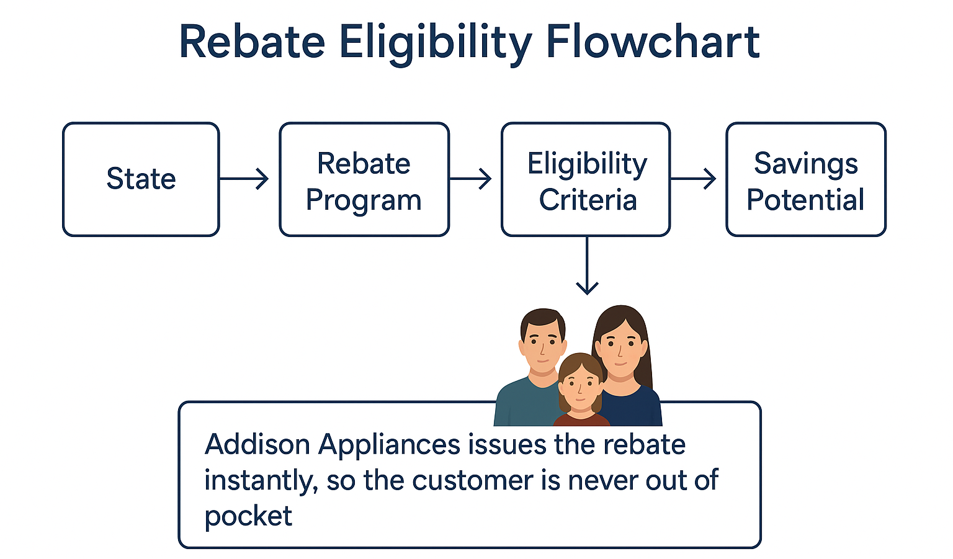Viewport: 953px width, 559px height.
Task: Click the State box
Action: [x=141, y=179]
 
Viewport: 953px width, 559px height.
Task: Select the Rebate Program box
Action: [x=364, y=179]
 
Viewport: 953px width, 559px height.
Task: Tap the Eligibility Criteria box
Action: [x=586, y=179]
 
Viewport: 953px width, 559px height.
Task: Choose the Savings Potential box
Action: [x=806, y=179]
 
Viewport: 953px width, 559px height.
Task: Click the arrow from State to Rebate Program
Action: [x=244, y=179]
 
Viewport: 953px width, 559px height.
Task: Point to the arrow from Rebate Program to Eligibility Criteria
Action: [x=470, y=179]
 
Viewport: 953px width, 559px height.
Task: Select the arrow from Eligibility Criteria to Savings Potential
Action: [x=694, y=179]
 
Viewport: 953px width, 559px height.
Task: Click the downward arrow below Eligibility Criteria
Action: [x=587, y=266]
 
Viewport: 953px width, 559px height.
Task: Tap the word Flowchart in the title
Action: [x=653, y=42]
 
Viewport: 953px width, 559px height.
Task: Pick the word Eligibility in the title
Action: [x=436, y=44]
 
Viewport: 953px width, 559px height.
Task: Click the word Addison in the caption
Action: [x=257, y=444]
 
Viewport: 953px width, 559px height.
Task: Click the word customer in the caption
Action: [x=472, y=481]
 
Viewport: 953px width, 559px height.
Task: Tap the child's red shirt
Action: [x=581, y=419]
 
